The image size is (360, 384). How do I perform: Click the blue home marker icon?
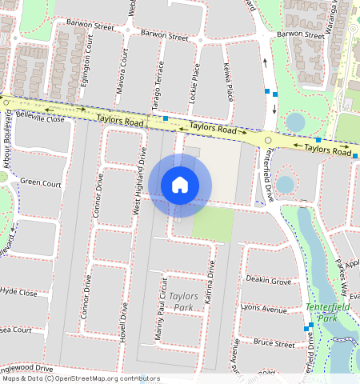pyautogui.click(x=180, y=185)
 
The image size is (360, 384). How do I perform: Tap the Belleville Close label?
pyautogui.click(x=40, y=118)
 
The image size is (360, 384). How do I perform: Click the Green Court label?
pyautogui.click(x=41, y=183)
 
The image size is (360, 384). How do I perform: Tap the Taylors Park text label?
pyautogui.click(x=183, y=302)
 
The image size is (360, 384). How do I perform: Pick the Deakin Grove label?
pyautogui.click(x=269, y=281)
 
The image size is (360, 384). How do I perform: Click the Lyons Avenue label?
pyautogui.click(x=263, y=308)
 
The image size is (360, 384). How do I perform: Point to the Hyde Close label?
pyautogui.click(x=19, y=293)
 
